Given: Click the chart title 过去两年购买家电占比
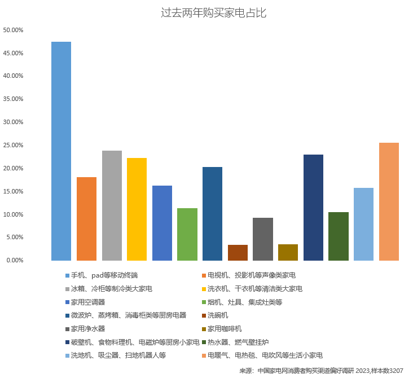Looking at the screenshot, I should [213, 12].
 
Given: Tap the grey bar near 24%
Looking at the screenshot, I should [112, 205].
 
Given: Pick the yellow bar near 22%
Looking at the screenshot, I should [137, 209].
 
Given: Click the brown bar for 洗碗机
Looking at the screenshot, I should [238, 253].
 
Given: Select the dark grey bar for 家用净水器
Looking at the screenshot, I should [263, 239].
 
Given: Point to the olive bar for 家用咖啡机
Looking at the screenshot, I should [288, 252].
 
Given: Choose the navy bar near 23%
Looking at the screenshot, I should [313, 208].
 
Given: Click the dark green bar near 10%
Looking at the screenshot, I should [338, 236].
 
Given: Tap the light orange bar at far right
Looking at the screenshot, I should [389, 201].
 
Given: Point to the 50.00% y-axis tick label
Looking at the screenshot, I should [13, 29].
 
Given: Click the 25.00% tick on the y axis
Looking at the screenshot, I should [13, 145].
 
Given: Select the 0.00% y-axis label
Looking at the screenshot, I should [15, 260].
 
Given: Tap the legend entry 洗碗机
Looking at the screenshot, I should [218, 315].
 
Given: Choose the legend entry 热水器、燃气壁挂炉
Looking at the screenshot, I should [238, 342].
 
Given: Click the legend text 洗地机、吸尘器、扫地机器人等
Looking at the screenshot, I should [118, 355].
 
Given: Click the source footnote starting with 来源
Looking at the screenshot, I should [321, 371].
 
